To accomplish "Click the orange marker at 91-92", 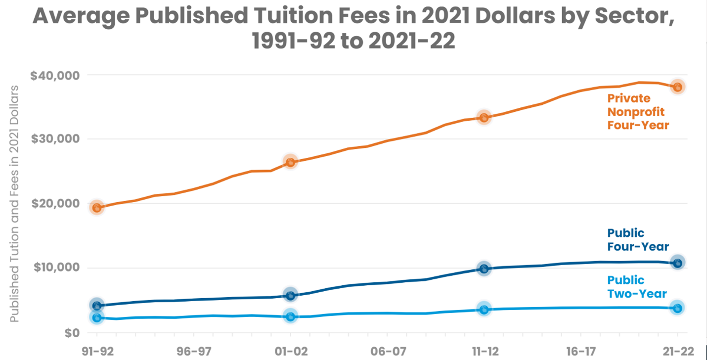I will point(97,208).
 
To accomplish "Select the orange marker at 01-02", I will point(291,162).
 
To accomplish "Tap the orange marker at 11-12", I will point(484,118).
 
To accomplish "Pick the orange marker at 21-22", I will point(677,87).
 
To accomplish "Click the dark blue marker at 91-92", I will point(97,306).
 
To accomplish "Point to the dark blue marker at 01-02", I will point(291,295).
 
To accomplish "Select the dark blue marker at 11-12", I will point(484,269).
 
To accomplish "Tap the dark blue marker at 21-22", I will point(677,263).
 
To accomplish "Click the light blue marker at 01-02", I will point(291,316).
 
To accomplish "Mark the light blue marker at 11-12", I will point(484,310).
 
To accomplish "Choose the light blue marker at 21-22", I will point(677,308).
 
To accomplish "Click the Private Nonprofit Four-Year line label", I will point(638,111).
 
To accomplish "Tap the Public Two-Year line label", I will point(637,287).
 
